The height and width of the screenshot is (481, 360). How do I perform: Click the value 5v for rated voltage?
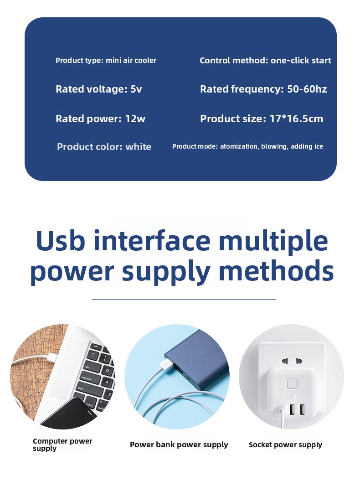(136, 89)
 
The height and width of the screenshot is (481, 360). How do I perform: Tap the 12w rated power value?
(135, 119)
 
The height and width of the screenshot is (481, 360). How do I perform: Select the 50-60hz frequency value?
(307, 89)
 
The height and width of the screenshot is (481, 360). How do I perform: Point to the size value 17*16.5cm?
(296, 119)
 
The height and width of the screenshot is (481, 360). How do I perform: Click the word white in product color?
(138, 147)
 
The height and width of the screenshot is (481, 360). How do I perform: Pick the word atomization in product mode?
(239, 146)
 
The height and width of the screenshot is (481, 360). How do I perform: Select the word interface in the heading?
(152, 241)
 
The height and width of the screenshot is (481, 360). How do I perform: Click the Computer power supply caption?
(62, 445)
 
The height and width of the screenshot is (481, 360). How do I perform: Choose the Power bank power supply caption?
(179, 445)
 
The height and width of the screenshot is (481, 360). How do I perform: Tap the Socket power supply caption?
(285, 445)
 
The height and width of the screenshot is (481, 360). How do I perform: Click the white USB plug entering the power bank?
(166, 365)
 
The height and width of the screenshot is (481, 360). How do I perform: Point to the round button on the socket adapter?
(291, 384)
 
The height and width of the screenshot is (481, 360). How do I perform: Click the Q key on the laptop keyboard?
(108, 370)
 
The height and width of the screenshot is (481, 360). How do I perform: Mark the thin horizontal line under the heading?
(184, 299)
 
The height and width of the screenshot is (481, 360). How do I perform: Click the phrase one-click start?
(301, 61)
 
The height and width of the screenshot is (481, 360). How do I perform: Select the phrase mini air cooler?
(131, 61)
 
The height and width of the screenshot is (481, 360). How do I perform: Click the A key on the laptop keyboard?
(107, 382)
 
